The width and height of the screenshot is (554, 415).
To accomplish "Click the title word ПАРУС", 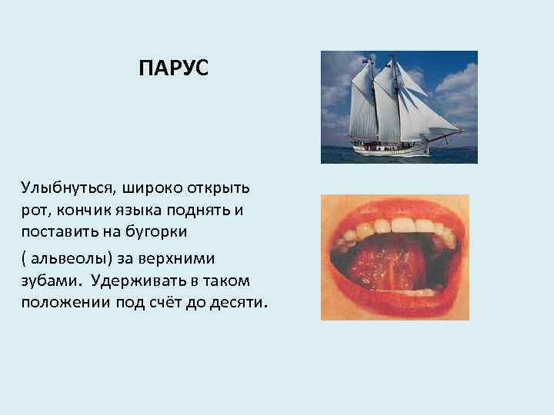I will [173, 70].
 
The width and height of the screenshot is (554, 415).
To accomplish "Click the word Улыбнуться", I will [62, 188].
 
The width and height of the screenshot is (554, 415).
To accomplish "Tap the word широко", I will [141, 188].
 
